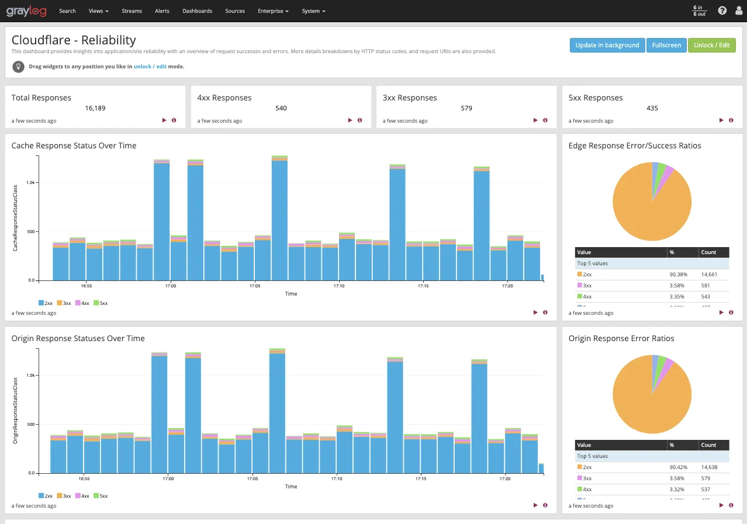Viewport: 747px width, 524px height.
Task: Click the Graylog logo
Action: pos(26,11)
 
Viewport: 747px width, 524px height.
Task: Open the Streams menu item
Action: pos(132,11)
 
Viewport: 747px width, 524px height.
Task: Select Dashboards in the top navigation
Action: pos(197,11)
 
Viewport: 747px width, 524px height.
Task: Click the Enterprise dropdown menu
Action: pos(273,11)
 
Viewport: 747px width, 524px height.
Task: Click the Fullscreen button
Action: pos(666,45)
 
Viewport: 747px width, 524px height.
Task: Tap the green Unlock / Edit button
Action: pos(711,45)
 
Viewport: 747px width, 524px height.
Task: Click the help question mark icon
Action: pos(722,11)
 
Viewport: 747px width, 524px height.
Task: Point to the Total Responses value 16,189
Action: pos(95,108)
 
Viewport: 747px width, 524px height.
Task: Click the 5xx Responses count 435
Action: pos(652,108)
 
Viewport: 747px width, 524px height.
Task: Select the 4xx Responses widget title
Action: pos(224,98)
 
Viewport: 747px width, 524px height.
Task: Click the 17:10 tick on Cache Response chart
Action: pos(339,286)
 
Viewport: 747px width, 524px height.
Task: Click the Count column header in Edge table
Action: pos(708,252)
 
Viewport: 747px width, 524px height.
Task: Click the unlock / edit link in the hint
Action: pos(150,67)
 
